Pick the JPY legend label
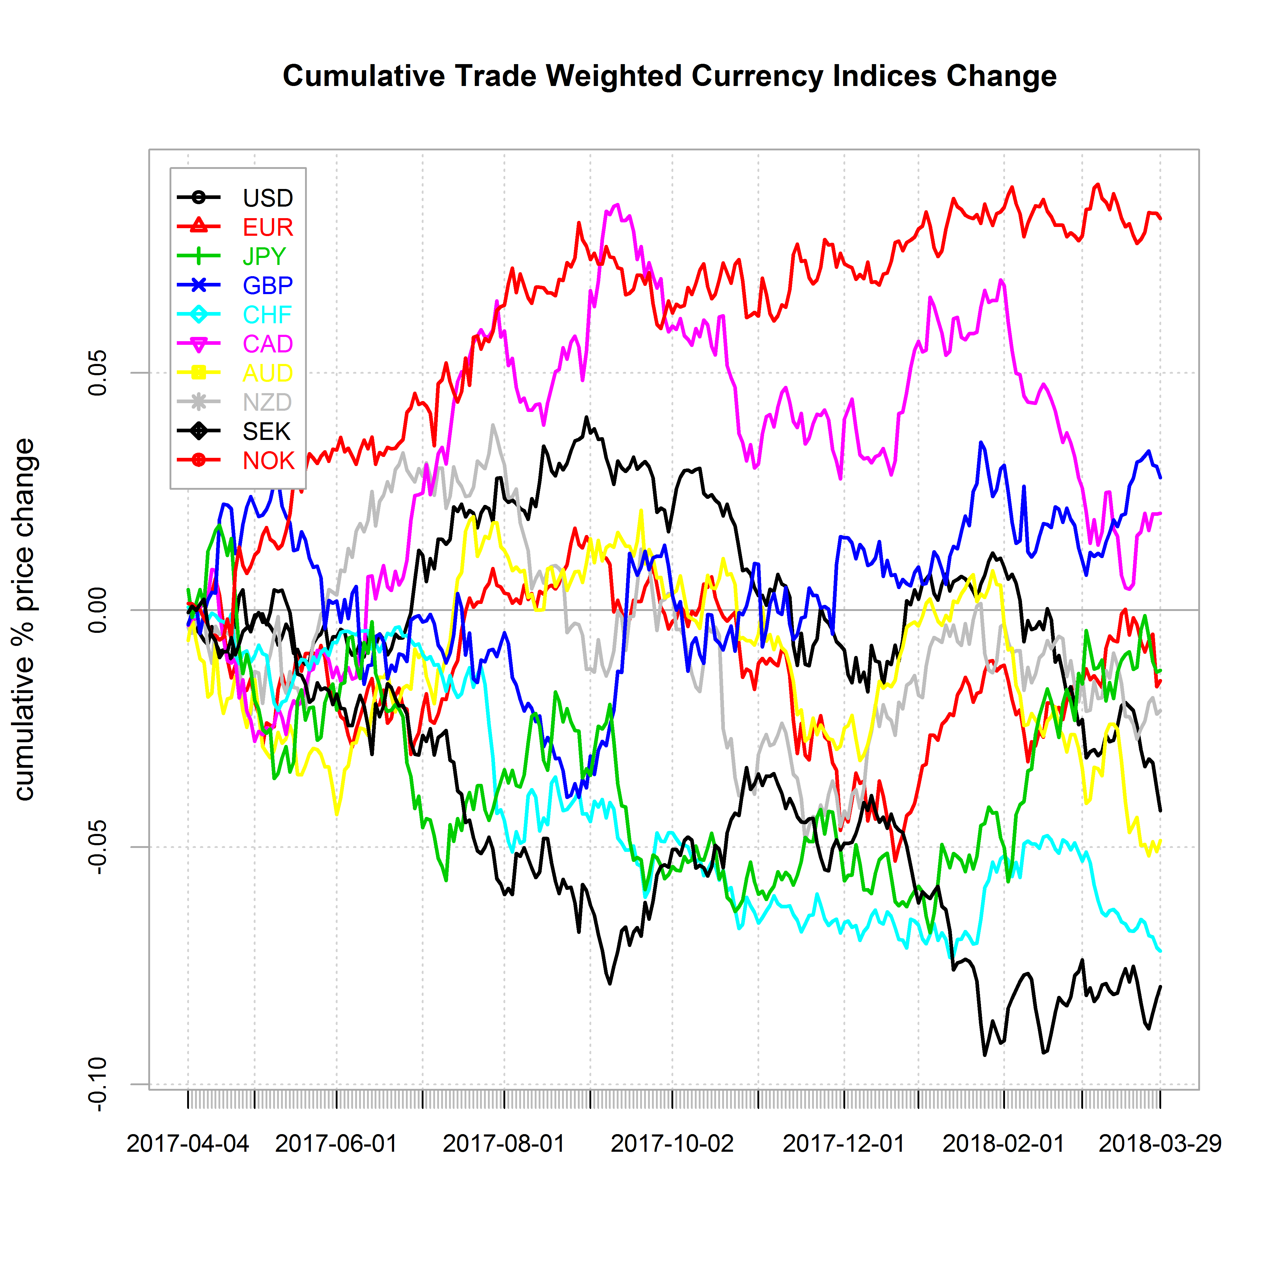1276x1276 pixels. pos(264,256)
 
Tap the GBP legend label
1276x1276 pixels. pos(267,285)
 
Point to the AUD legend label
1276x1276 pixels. pos(267,373)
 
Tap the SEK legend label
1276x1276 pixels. pos(266,431)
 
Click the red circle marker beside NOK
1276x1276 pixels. pos(198,460)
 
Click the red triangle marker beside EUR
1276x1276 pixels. pos(198,227)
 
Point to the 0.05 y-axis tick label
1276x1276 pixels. pos(98,372)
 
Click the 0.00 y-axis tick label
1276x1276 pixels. pos(98,610)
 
